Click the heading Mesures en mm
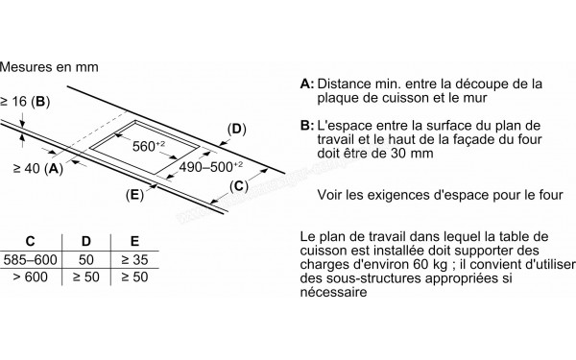[x=50, y=68]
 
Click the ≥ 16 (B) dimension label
[x=26, y=101]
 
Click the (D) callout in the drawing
[x=236, y=129]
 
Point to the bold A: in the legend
[x=306, y=84]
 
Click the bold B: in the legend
[x=306, y=126]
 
